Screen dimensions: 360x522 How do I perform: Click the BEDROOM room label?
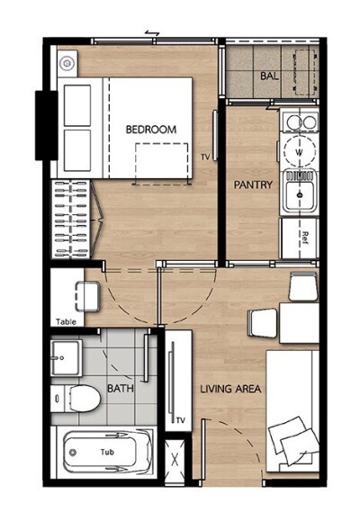(151, 130)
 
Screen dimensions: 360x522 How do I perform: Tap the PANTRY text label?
(253, 184)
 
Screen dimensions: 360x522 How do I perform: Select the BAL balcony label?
(269, 76)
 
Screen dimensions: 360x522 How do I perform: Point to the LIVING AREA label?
(230, 389)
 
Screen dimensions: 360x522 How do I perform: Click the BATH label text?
(121, 388)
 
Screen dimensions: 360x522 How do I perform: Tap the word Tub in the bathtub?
(107, 452)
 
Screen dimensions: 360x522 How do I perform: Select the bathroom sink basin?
(66, 358)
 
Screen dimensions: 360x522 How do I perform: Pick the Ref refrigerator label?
(305, 238)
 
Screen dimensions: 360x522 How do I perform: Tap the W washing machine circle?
(300, 152)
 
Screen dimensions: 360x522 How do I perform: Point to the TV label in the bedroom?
(205, 157)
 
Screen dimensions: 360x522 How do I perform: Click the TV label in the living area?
(181, 420)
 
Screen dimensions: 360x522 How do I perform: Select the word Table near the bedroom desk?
(66, 322)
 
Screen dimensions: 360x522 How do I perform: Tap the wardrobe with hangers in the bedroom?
(70, 220)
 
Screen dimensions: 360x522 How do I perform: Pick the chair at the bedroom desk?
(87, 297)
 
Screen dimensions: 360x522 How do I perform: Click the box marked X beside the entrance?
(175, 460)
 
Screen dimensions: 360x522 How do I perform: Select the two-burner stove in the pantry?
(300, 121)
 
